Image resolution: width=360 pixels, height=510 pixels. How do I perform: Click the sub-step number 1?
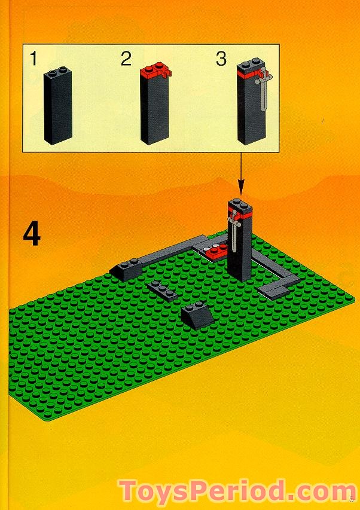point(34,59)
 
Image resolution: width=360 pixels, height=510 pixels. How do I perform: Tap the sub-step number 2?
point(126,59)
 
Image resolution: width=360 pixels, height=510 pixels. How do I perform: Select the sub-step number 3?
point(221,59)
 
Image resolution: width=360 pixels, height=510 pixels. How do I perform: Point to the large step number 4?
point(32,234)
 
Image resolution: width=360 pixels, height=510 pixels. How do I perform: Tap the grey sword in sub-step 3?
point(263,90)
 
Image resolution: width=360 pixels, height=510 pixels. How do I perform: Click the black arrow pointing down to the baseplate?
point(242,173)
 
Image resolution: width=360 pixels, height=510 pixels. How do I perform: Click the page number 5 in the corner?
point(352,497)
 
